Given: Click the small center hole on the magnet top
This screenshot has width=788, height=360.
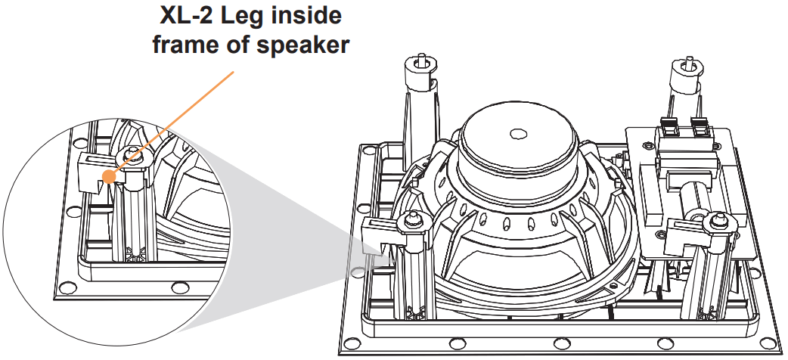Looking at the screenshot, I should pos(518,134).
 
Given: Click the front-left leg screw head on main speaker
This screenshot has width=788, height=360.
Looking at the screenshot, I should pos(414,221).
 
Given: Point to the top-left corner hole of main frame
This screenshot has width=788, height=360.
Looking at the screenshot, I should pos(368,151).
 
